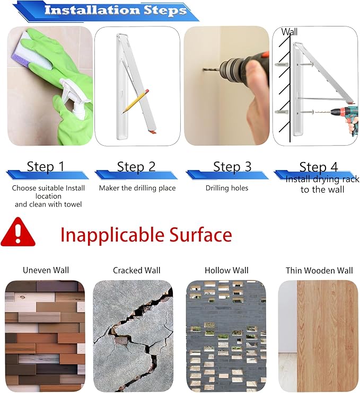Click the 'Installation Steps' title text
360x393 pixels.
[x=116, y=10]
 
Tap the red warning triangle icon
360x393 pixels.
[x=18, y=232]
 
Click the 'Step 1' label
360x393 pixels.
[x=46, y=166]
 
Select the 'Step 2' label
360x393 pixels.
[x=136, y=166]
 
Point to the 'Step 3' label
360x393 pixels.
[x=232, y=166]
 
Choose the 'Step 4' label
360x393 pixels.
[x=319, y=167]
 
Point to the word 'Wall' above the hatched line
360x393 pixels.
[x=289, y=32]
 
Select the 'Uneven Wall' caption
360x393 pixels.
[x=46, y=270]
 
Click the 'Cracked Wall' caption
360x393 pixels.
[x=136, y=270]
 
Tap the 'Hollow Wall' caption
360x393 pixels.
[x=226, y=270]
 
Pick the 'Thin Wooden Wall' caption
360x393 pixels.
[x=319, y=271]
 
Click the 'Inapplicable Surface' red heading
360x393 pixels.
[x=146, y=235]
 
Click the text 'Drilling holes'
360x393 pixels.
[x=227, y=188]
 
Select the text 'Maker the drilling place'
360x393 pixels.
[x=137, y=188]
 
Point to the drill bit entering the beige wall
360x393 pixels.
[x=212, y=69]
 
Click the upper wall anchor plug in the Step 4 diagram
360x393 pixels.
[x=282, y=65]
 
